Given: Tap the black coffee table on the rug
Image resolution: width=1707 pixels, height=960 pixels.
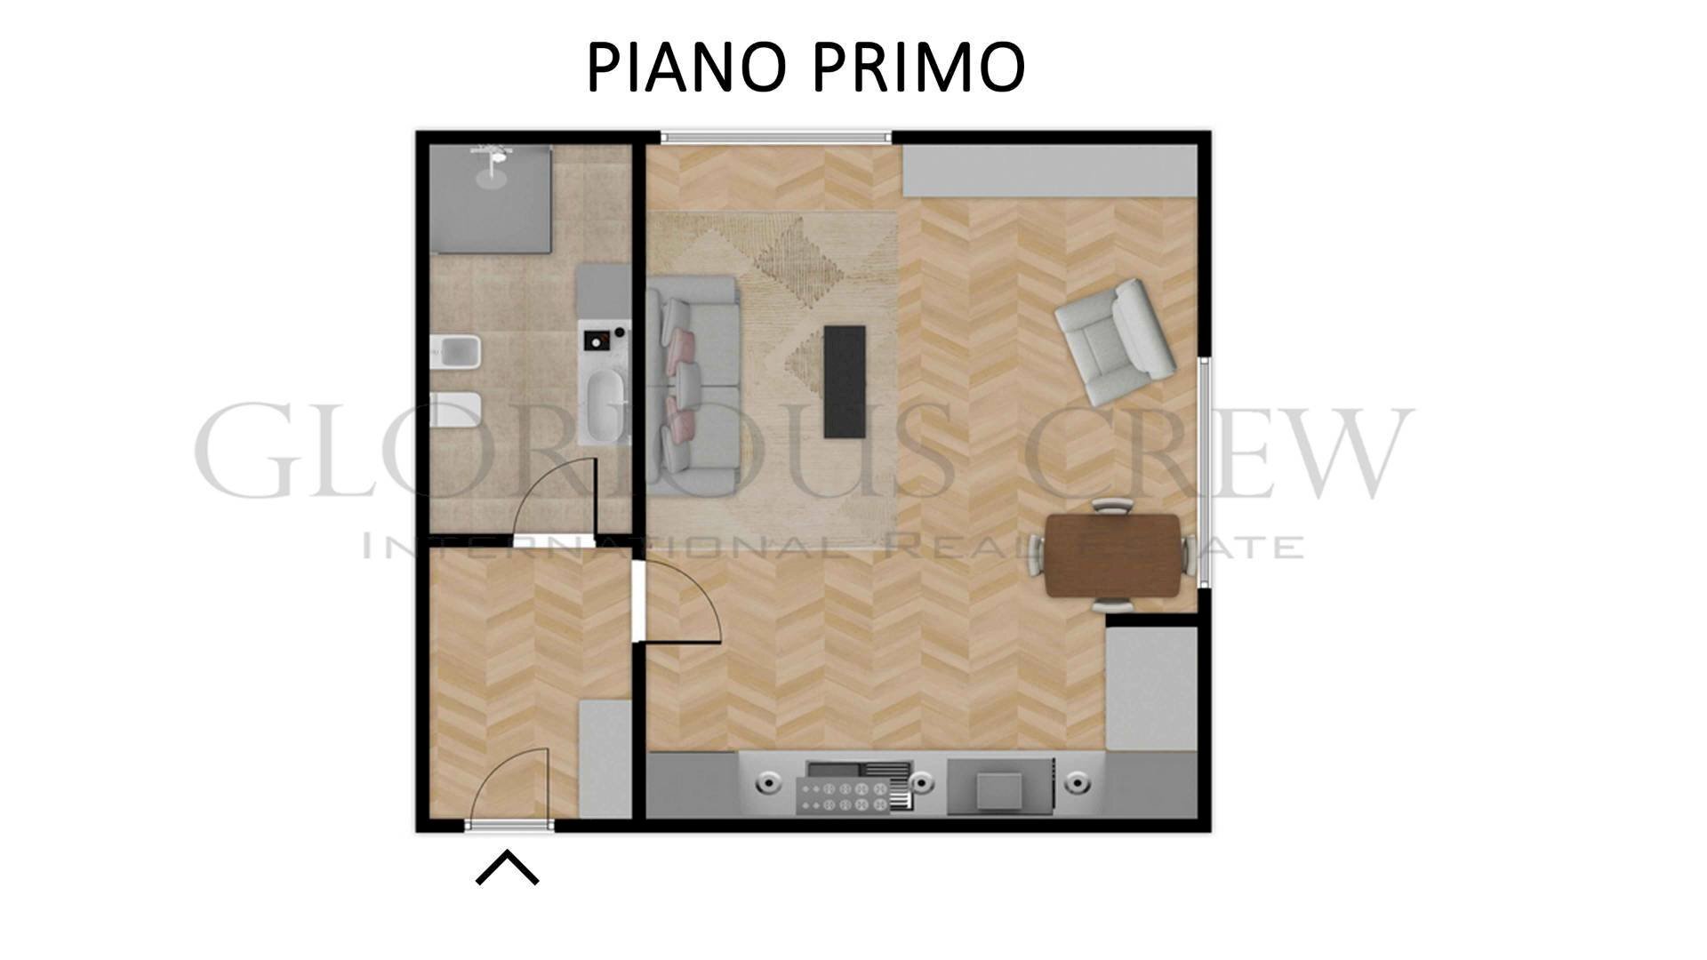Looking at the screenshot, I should [844, 381].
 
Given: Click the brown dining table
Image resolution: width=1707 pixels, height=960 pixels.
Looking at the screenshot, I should [1113, 556].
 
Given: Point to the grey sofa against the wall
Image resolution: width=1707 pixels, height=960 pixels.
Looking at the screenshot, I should [693, 384].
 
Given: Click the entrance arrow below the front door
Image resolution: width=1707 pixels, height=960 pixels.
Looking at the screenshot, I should [507, 868].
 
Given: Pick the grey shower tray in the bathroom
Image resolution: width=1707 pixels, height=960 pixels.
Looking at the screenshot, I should [490, 200].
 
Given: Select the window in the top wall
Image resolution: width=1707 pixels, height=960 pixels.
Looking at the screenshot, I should [776, 137].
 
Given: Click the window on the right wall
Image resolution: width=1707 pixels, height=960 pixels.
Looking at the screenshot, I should [1204, 471].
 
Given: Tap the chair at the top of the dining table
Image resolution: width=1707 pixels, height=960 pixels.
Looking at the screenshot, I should [1112, 507].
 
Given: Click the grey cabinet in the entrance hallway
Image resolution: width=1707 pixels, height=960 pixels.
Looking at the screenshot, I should [605, 758].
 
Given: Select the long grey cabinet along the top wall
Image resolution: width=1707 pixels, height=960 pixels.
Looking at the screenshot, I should [1049, 171].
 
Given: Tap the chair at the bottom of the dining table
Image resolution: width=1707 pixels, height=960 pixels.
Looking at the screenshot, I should [1112, 605].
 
